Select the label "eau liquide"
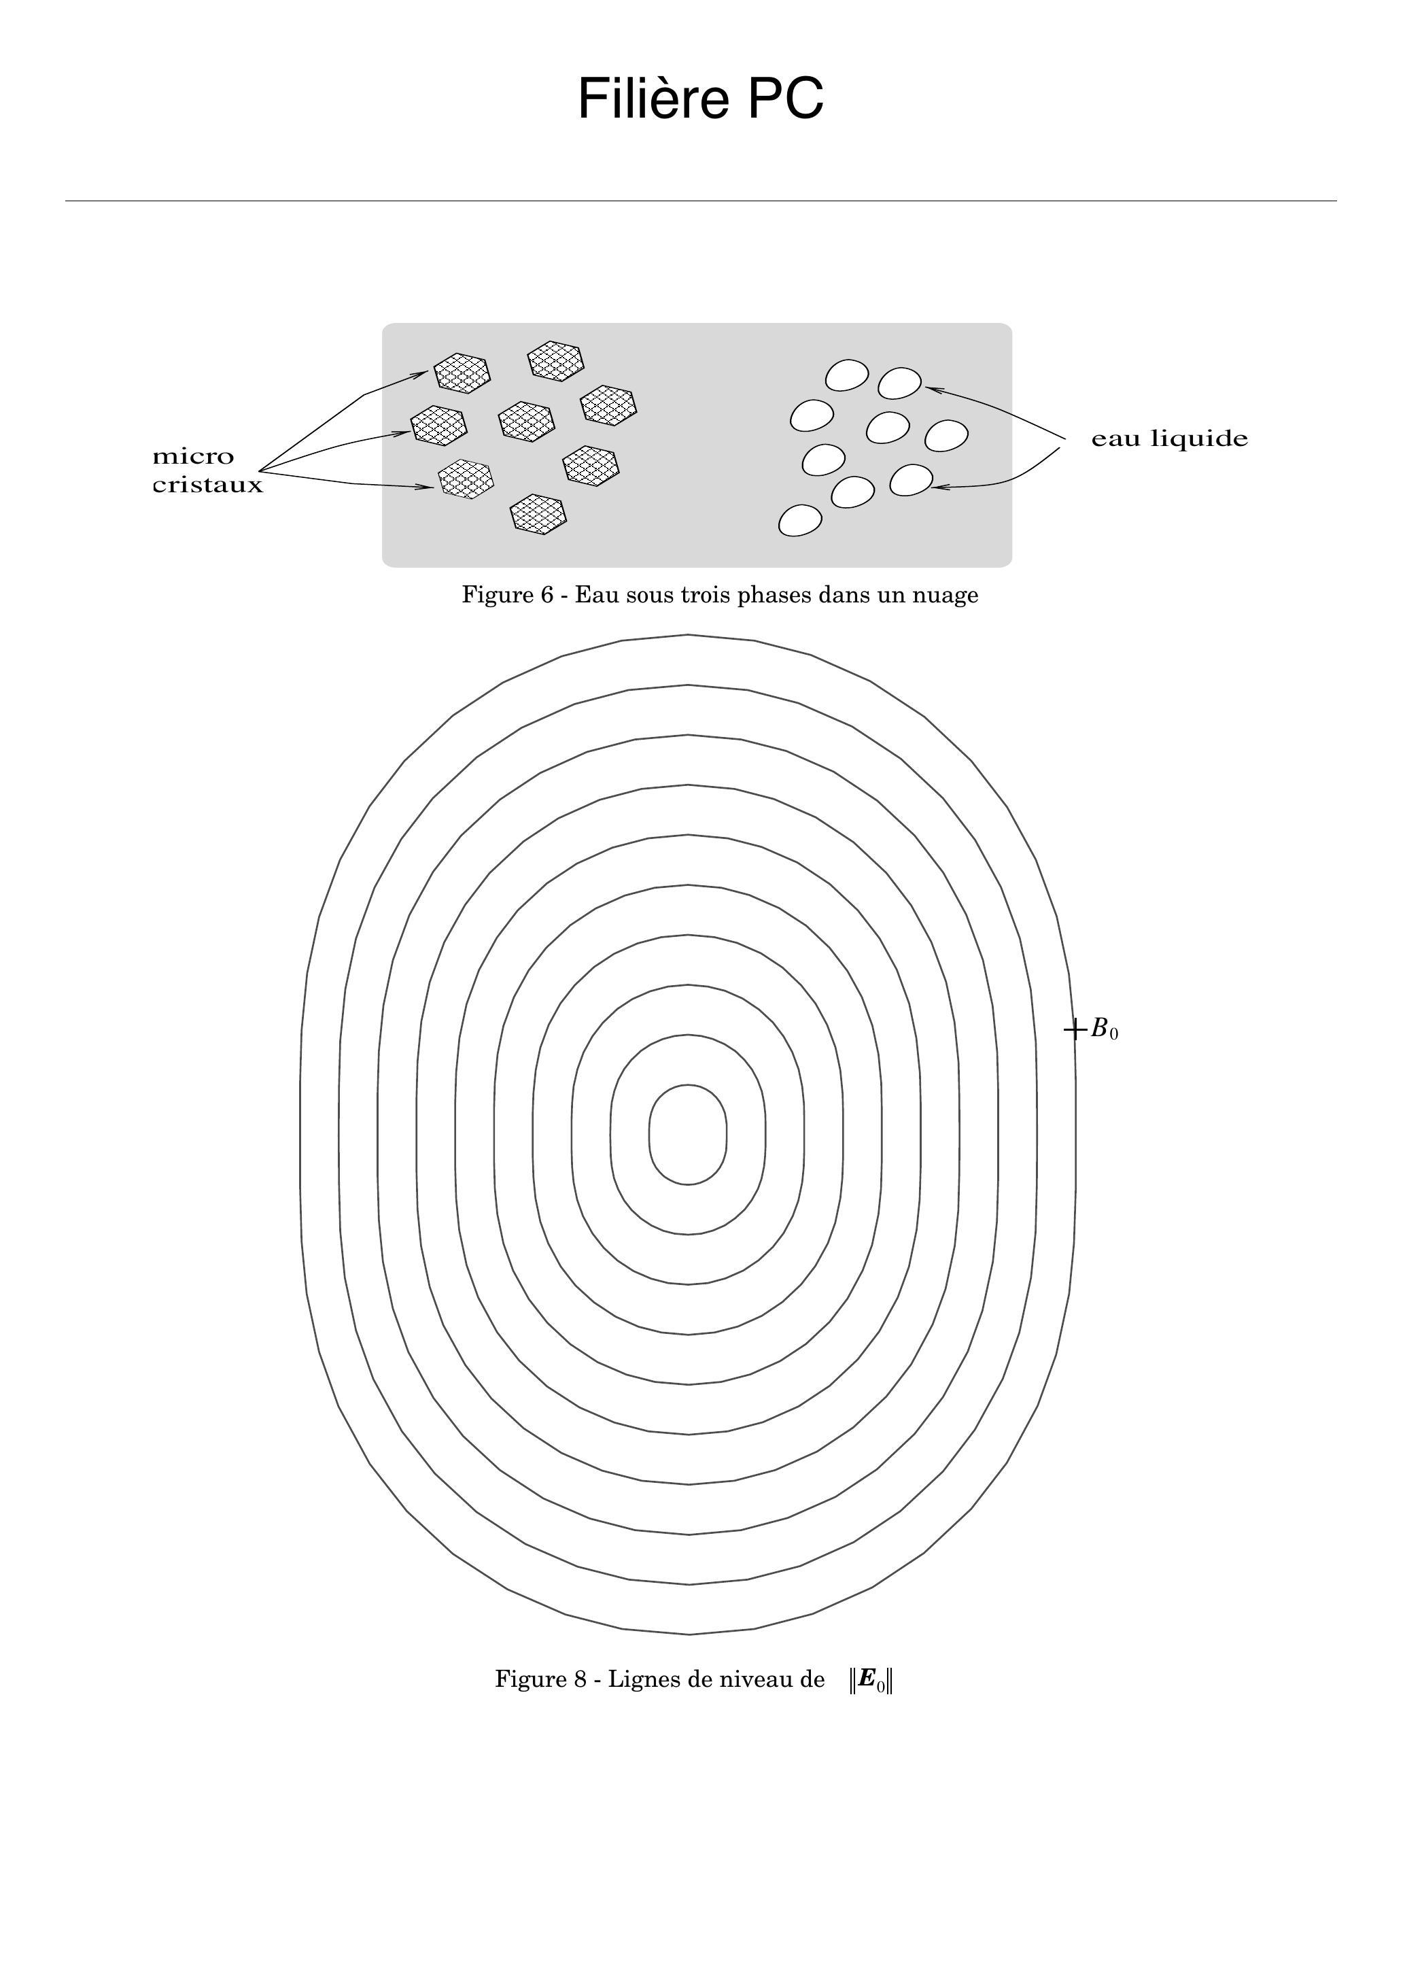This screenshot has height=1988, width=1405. (x=1170, y=439)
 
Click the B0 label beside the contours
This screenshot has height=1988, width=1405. (x=1105, y=1029)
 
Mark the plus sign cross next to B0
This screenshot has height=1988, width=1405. (x=1074, y=1029)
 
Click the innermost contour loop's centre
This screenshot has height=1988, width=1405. (x=688, y=1134)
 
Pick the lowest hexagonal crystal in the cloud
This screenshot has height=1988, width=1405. (x=538, y=514)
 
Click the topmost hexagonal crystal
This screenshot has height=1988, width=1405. (x=556, y=361)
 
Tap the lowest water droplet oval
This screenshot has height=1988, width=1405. (x=800, y=520)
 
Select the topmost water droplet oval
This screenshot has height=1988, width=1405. (x=847, y=375)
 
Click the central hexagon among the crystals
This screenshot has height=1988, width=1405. (x=526, y=422)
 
